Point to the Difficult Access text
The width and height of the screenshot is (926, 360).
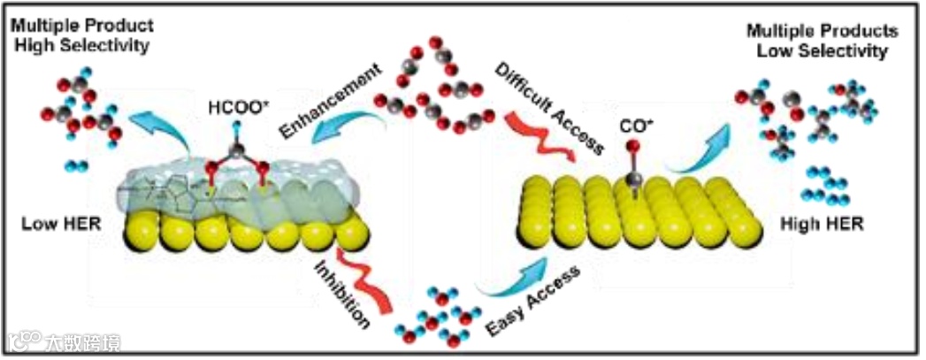(550, 104)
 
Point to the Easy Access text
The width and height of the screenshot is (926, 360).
(534, 305)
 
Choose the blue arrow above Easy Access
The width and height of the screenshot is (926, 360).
(512, 274)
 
